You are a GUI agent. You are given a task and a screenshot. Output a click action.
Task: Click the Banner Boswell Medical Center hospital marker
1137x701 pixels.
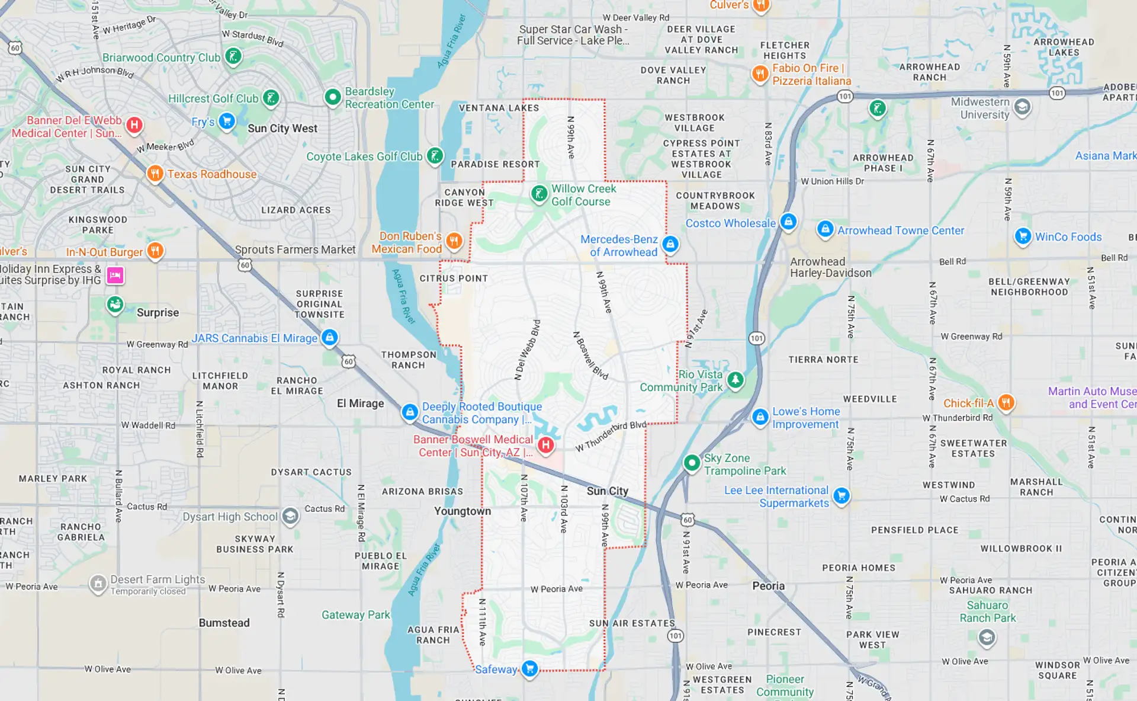[545, 444]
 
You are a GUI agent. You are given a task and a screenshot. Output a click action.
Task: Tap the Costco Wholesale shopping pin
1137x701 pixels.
[788, 222]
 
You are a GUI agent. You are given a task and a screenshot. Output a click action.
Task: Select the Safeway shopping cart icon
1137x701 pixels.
[529, 668]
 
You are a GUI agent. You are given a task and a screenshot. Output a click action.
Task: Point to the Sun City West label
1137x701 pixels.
[282, 129]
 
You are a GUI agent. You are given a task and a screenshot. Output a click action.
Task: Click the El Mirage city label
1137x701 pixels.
[360, 404]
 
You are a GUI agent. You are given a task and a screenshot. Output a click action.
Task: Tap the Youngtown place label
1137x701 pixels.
[462, 511]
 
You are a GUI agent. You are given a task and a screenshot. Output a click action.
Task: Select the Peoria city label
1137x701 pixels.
[768, 586]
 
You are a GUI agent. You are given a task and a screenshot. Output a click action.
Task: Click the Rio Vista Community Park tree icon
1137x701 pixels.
[735, 379]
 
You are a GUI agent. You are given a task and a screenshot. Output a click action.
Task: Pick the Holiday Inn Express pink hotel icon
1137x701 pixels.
[115, 275]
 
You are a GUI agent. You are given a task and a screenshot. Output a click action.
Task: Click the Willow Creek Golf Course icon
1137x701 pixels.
[539, 193]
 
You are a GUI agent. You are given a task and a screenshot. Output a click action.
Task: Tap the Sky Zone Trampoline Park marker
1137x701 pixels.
[692, 462]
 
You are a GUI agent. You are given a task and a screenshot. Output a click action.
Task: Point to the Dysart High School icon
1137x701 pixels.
[290, 516]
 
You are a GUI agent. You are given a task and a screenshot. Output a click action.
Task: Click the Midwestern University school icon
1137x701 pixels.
[1022, 107]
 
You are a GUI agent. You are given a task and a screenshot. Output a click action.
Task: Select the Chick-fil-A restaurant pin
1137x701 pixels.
[1006, 402]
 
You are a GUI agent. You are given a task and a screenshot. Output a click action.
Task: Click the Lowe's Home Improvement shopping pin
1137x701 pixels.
[760, 417]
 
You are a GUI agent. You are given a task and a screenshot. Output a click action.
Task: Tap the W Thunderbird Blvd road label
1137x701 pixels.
[611, 436]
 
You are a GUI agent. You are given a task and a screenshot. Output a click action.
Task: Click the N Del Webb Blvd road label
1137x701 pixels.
[527, 350]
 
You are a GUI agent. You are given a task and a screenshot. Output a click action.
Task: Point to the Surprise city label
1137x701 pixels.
[158, 313]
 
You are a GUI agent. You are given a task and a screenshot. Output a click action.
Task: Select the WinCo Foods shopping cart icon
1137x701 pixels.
[1022, 236]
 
